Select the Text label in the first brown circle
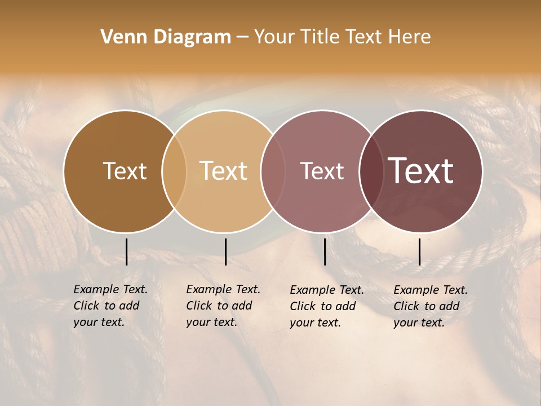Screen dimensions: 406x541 pyautogui.click(x=125, y=171)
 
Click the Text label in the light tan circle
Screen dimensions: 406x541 pyautogui.click(x=223, y=171)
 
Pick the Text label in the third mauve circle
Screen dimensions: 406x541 pyautogui.click(x=322, y=171)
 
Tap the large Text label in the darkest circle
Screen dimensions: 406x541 pyautogui.click(x=420, y=171)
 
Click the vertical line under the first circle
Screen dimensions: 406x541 pyautogui.click(x=126, y=251)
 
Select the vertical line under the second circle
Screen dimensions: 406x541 pyautogui.click(x=225, y=251)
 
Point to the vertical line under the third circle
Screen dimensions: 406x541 pyautogui.click(x=325, y=251)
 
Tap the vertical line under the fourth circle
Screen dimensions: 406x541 pyautogui.click(x=419, y=251)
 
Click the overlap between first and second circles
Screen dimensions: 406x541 pyautogui.click(x=174, y=171)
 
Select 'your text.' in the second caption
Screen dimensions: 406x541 pyautogui.click(x=211, y=323)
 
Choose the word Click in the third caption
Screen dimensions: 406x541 pyautogui.click(x=303, y=306)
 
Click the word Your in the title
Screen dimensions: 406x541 pyautogui.click(x=274, y=37)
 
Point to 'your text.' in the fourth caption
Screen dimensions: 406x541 pyautogui.click(x=419, y=323)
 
